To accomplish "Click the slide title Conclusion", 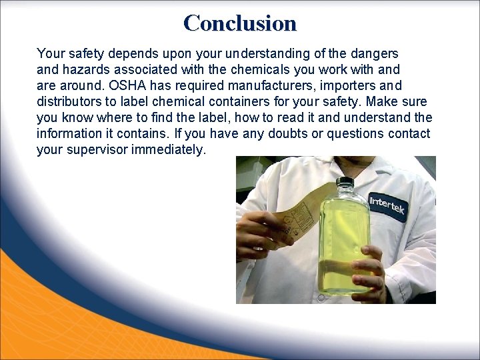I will pyautogui.click(x=240, y=23).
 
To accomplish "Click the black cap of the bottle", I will pyautogui.click(x=345, y=183).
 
